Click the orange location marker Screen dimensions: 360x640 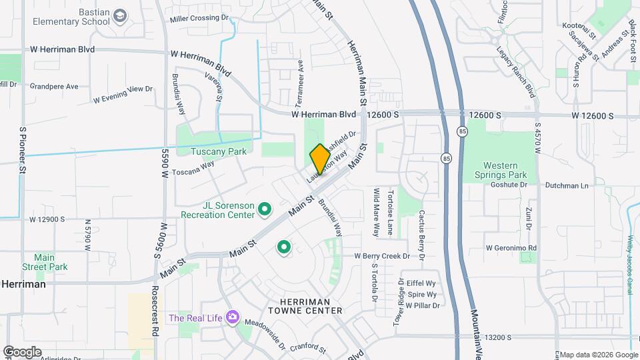[320, 159]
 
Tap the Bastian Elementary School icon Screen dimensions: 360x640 [120, 15]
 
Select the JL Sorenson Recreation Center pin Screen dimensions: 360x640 [265, 211]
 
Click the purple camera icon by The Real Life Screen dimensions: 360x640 [232, 317]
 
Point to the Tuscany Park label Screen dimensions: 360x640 [219, 151]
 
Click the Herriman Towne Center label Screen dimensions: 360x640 [305, 306]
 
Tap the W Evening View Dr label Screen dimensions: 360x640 [123, 94]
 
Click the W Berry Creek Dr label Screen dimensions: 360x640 [389, 256]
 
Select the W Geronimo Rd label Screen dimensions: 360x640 [511, 247]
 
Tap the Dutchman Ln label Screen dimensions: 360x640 [567, 185]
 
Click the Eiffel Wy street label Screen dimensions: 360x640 [421, 283]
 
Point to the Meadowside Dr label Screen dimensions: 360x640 [265, 335]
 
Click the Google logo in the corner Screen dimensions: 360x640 [22, 351]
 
